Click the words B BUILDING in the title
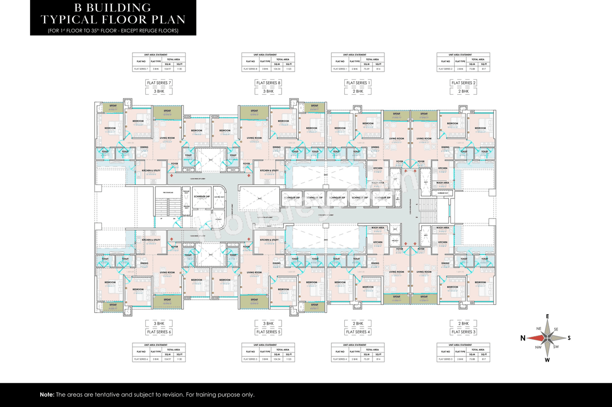[x=113, y=8]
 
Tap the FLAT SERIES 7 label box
[x=159, y=83]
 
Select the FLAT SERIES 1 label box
[x=357, y=83]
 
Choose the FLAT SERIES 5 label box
[x=268, y=331]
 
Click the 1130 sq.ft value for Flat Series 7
[x=179, y=69]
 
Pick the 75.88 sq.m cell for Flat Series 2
[x=472, y=69]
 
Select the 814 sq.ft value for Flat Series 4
[x=378, y=359]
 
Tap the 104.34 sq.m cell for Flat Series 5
[x=277, y=359]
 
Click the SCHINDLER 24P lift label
[x=201, y=197]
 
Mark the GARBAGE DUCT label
[x=442, y=193]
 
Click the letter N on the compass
[x=523, y=338]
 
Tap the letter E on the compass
[x=547, y=316]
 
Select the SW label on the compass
[x=556, y=347]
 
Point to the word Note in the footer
[x=47, y=395]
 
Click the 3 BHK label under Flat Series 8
[x=268, y=91]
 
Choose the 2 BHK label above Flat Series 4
[x=357, y=323]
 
